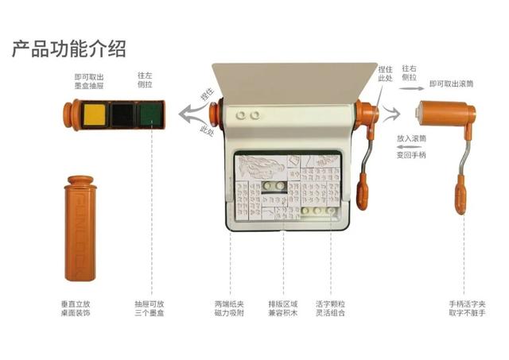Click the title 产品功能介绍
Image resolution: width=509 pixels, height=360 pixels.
[x=68, y=49]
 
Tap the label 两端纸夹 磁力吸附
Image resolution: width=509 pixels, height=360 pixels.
[x=230, y=308]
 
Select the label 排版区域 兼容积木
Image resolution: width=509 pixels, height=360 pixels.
[x=284, y=308]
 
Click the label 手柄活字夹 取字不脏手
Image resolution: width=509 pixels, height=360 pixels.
[x=466, y=308]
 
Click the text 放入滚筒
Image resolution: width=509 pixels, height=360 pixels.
[x=411, y=137]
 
